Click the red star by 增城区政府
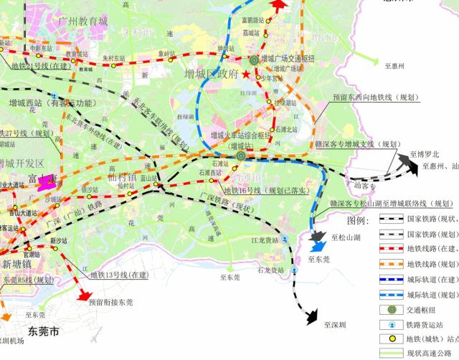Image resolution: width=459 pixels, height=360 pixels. [x=246, y=75]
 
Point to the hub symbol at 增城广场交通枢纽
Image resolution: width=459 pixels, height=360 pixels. [x=253, y=60]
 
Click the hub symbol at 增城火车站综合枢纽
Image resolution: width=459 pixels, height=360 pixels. [x=242, y=153]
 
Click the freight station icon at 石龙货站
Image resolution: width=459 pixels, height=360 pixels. [x=295, y=270]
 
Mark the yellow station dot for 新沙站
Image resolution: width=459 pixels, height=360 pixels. [x=53, y=247]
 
